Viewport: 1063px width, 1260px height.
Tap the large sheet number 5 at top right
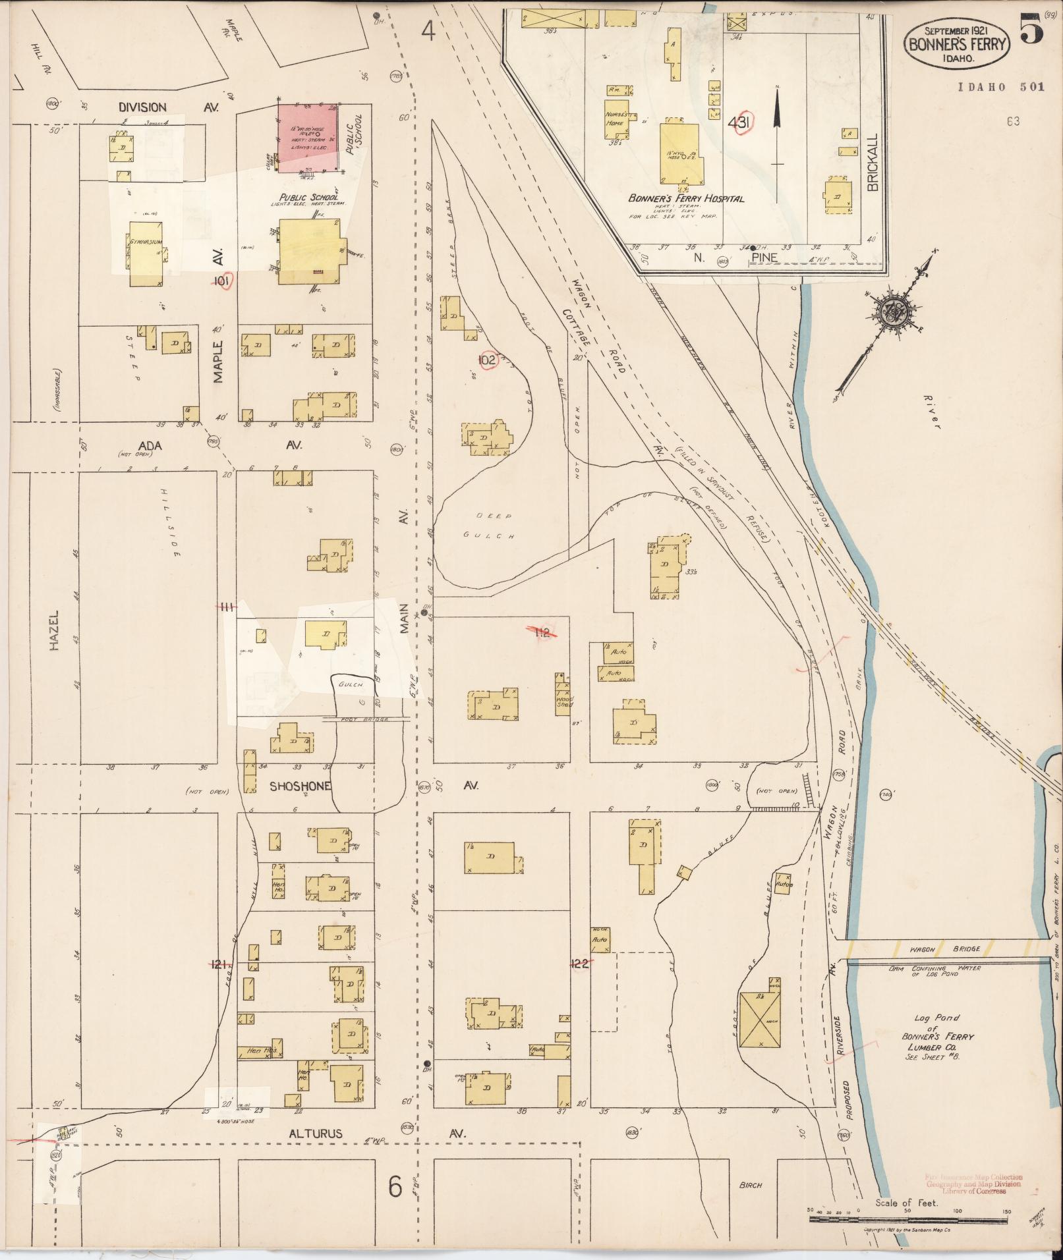pyautogui.click(x=1031, y=30)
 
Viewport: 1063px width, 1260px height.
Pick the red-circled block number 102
pyautogui.click(x=487, y=360)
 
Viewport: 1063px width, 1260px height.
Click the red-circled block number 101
pyautogui.click(x=222, y=282)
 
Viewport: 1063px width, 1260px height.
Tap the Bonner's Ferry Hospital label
pyautogui.click(x=686, y=198)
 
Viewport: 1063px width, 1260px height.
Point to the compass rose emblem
pyautogui.click(x=894, y=312)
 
